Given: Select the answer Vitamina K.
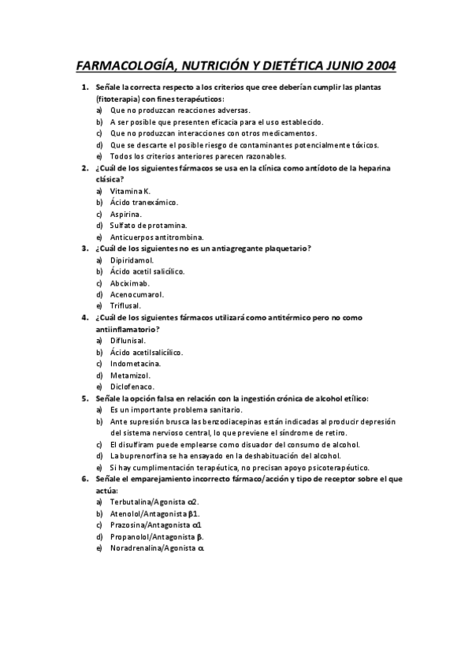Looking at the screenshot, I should [130, 191].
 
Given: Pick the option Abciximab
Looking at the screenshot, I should [130, 282].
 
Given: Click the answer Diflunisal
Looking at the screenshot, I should [128, 340].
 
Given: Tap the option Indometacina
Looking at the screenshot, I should [136, 364].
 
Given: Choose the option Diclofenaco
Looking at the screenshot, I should [132, 387].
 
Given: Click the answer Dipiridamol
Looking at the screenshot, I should [132, 260].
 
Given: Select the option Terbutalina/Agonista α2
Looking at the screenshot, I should [154, 502].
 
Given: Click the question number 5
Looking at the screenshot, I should [84, 398].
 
